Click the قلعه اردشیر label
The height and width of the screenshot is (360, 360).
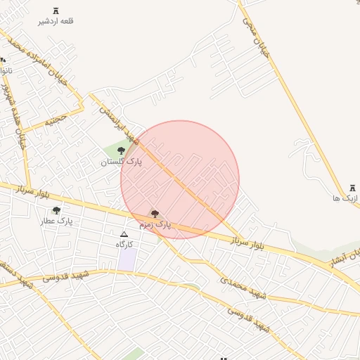point(56,21)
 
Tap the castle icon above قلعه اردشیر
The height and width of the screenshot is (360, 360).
point(56,11)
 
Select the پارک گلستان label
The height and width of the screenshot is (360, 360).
point(121,162)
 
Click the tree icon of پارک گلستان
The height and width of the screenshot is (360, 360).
point(121,150)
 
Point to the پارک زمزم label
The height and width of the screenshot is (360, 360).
point(155,224)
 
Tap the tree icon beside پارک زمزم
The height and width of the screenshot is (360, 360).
point(155,214)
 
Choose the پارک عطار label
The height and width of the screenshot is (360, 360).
point(56,221)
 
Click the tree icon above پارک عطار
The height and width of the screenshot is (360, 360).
point(56,210)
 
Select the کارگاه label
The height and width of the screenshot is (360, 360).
point(124,244)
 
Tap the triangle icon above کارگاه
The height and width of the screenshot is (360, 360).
point(124,234)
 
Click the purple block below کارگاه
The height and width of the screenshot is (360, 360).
point(127,258)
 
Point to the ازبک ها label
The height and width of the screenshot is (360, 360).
point(347,198)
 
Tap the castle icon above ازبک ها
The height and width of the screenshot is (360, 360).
point(352,188)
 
